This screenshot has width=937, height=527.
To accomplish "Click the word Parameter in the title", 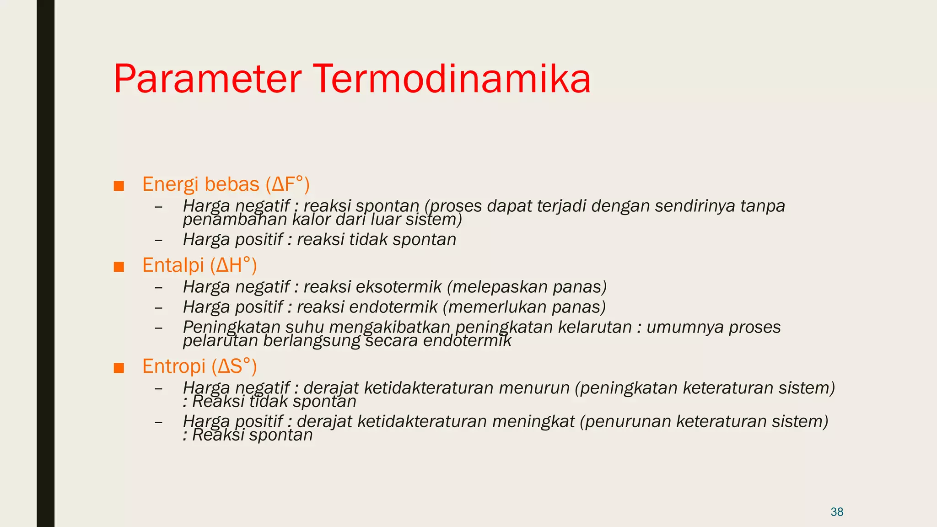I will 207,79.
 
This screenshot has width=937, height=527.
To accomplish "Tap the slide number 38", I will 837,512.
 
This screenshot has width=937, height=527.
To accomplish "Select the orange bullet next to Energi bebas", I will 119,186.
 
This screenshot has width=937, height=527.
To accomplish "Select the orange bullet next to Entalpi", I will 119,267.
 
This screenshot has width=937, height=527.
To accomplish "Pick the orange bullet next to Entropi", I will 119,368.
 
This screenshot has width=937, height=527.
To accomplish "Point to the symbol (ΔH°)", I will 233,265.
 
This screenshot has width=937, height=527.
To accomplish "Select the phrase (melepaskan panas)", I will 527,287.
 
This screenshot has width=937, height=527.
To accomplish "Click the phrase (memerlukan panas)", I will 524,307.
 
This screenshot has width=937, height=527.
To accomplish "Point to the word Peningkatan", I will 231,327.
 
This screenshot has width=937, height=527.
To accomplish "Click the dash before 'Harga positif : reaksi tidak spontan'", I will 159,240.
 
